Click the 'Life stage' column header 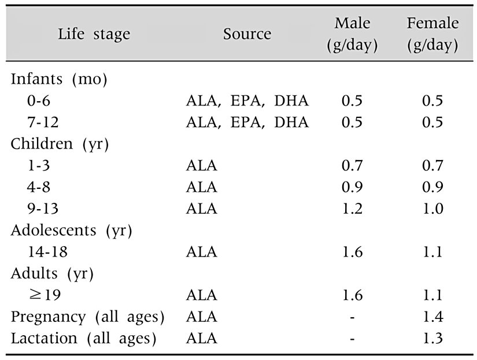coord(94,34)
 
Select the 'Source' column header coord(247,34)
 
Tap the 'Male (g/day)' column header coord(352,34)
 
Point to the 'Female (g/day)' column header coord(432,34)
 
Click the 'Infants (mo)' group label coord(59,80)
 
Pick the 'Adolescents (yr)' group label coord(72,231)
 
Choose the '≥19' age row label coord(45,295)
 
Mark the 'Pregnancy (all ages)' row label coord(87,317)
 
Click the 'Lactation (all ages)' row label coord(84,339)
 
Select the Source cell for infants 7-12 coord(247,123)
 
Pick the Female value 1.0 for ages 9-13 coord(432,209)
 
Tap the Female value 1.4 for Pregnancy coord(432,317)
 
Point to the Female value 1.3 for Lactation coord(432,339)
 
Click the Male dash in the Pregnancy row coord(352,317)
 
